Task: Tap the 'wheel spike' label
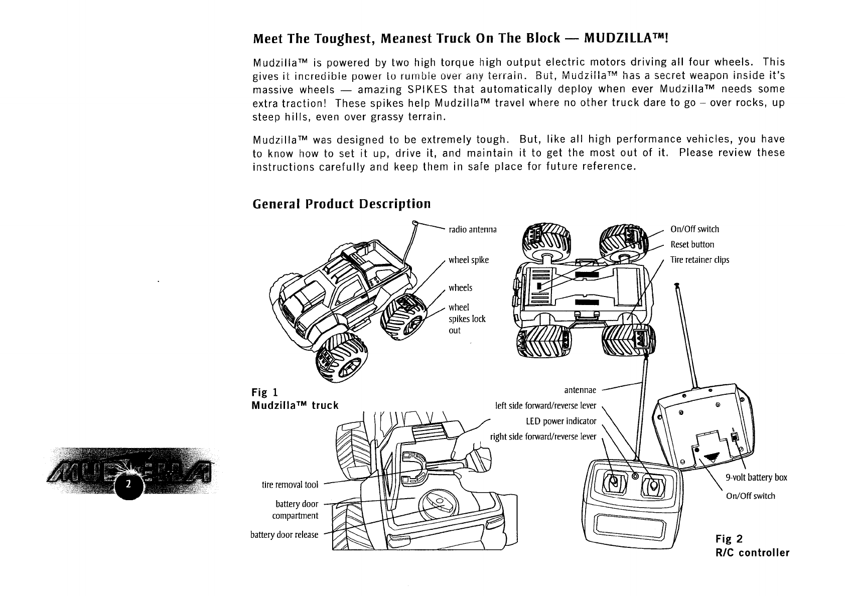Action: (468, 260)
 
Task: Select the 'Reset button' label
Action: (692, 245)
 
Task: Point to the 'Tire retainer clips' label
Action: (699, 260)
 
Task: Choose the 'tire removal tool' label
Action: (290, 485)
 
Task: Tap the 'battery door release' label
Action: (284, 535)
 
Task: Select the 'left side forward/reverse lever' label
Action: (545, 405)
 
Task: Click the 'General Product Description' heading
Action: (342, 204)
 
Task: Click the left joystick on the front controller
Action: (613, 483)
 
